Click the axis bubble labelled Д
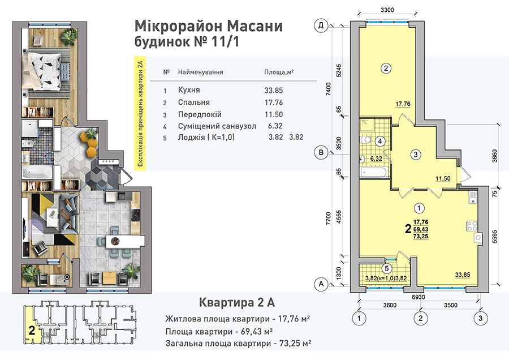[x=321, y=25]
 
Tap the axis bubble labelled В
[x=321, y=152]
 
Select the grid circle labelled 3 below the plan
[x=480, y=318]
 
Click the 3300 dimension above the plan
[x=387, y=10]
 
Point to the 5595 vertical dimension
[x=494, y=237]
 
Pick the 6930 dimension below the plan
[x=418, y=297]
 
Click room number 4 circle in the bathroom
[x=380, y=142]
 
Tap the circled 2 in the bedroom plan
[x=386, y=68]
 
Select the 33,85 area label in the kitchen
[x=462, y=275]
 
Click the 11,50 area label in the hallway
[x=443, y=178]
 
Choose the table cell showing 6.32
[x=275, y=126]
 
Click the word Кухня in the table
[x=189, y=90]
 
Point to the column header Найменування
[x=200, y=72]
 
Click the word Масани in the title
[x=253, y=26]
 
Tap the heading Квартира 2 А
[x=236, y=302]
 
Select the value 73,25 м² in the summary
[x=295, y=344]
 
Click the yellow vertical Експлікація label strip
[x=140, y=113]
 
